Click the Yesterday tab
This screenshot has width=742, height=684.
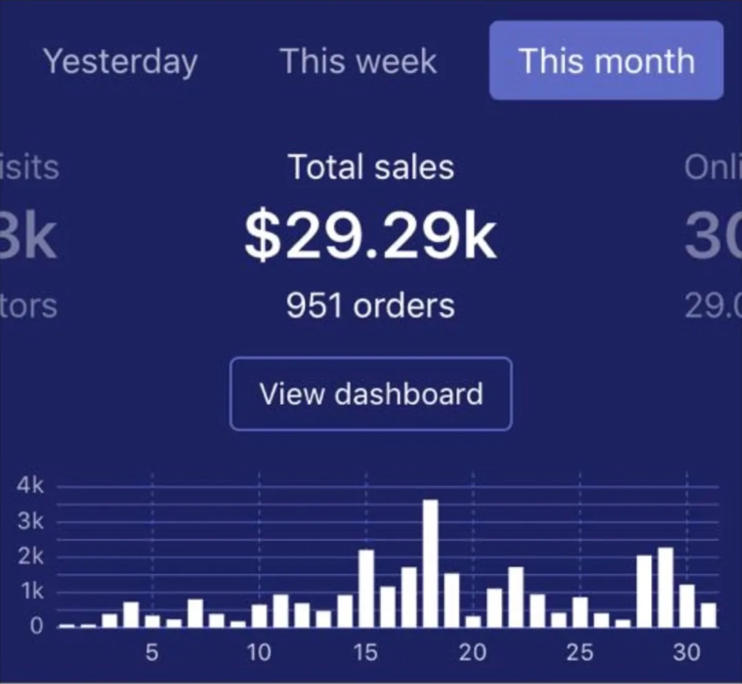(121, 61)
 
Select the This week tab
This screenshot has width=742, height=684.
(359, 61)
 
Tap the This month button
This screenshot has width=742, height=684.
(607, 61)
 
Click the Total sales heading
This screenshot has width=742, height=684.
(371, 167)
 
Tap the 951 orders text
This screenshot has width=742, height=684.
(370, 305)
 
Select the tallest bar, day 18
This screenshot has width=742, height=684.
(431, 563)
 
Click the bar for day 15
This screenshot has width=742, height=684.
(367, 588)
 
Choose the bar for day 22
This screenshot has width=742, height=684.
(516, 597)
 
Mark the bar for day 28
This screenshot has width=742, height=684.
(644, 591)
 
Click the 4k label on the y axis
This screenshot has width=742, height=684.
(30, 485)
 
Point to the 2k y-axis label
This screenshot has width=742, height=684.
(30, 556)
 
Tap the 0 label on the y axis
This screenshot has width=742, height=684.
(36, 626)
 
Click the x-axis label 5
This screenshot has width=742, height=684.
(152, 652)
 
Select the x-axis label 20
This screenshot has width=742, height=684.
(473, 652)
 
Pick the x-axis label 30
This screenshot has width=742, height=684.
(686, 652)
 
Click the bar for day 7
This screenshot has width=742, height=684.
(195, 613)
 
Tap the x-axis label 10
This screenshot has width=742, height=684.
(259, 652)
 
